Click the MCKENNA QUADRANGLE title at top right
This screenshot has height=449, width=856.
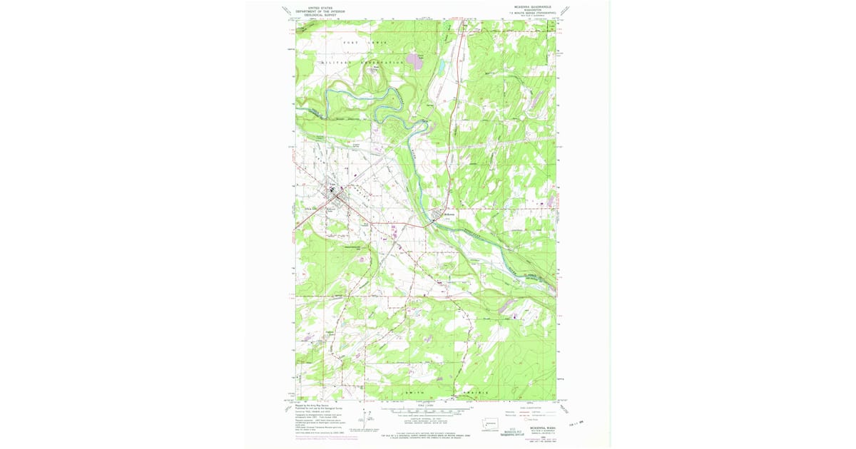click(529, 6)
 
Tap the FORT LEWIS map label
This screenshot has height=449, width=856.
click(365, 43)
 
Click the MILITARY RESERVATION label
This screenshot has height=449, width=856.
click(364, 63)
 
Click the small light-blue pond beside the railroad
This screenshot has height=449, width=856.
click(442, 68)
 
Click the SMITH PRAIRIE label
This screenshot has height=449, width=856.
click(446, 393)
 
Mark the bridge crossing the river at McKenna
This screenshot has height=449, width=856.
click(432, 223)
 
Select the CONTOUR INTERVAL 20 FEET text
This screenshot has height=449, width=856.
click(427, 420)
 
